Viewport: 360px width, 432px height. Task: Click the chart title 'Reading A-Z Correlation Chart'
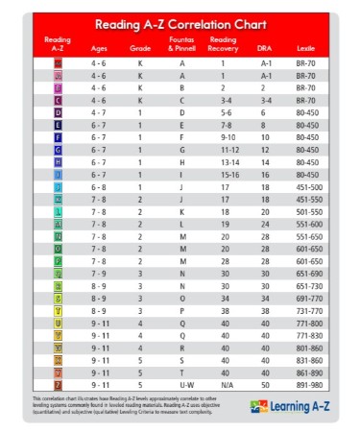click(x=180, y=23)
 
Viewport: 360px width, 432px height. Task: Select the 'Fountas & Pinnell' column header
click(x=182, y=43)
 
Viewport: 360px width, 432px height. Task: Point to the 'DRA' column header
click(x=265, y=47)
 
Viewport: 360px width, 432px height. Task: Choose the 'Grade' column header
click(x=140, y=47)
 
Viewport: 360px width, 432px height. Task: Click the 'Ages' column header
click(x=98, y=47)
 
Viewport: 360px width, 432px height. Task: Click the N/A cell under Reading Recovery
click(x=223, y=384)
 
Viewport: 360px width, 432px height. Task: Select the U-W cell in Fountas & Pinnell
click(x=182, y=384)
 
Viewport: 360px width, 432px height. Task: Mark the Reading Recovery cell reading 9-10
click(x=223, y=136)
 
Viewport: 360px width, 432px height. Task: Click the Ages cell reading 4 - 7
click(x=98, y=111)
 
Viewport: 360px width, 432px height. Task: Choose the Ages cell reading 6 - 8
click(x=98, y=185)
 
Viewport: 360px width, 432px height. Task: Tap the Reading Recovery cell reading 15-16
click(x=223, y=174)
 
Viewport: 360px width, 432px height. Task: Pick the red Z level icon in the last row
click(x=59, y=384)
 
